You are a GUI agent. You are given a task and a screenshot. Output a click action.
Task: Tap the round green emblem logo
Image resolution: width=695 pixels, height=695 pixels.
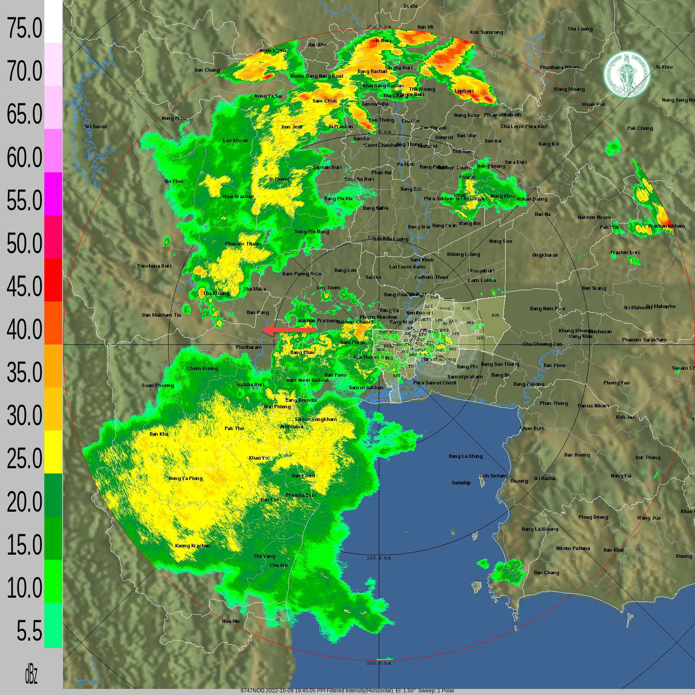(x=626, y=75)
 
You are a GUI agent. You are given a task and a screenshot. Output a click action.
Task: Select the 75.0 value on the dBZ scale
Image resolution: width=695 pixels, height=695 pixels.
(x=25, y=29)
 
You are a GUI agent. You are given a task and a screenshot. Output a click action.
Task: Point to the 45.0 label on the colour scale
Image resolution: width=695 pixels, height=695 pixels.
(x=25, y=287)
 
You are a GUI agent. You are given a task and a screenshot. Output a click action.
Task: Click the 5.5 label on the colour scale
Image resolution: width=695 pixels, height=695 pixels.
(x=29, y=631)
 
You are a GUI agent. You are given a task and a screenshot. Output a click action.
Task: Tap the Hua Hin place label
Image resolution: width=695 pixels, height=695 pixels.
(x=231, y=621)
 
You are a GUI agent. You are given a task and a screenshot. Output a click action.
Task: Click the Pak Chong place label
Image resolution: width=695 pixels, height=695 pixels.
(x=640, y=128)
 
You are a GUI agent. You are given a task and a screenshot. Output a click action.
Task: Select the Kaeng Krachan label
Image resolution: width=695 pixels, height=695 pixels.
(x=192, y=546)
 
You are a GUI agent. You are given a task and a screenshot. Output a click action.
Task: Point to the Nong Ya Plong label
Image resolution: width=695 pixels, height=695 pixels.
(x=185, y=478)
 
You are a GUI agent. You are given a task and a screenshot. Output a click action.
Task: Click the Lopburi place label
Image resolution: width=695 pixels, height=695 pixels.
(x=464, y=91)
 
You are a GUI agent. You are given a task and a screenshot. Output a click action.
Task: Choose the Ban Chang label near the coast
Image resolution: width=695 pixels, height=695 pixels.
(x=546, y=573)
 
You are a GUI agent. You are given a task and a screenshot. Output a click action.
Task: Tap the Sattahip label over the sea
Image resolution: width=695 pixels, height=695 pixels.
(x=461, y=483)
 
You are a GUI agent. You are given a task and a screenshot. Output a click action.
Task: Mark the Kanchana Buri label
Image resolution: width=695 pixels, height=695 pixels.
(x=154, y=266)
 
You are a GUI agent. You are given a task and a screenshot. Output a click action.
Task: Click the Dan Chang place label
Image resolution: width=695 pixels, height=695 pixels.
(x=207, y=70)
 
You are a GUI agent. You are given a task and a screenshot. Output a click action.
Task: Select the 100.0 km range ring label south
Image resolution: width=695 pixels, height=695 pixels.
(x=379, y=558)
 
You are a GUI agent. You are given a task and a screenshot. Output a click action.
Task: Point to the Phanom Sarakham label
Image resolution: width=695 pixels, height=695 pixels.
(x=644, y=340)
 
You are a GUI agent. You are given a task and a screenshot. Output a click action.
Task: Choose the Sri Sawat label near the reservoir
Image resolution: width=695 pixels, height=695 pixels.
(x=96, y=126)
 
